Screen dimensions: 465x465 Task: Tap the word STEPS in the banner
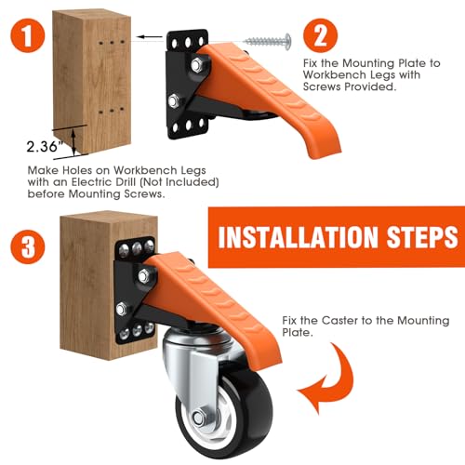coord(419,238)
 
